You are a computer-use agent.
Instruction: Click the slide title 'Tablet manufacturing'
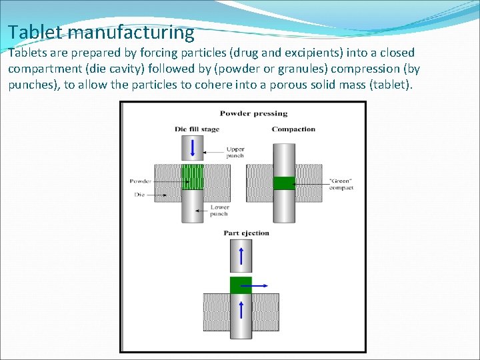tap(101, 32)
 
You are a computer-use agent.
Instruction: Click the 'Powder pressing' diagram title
tap(253, 113)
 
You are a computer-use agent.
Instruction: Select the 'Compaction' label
tap(293, 129)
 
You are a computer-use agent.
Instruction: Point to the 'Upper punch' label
tap(235, 153)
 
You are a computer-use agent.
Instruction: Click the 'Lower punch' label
tap(219, 211)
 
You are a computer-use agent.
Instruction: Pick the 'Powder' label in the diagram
tap(140, 181)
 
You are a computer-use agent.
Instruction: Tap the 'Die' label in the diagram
tap(139, 195)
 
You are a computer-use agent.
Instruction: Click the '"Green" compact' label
tap(341, 185)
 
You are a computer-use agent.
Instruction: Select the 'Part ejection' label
tap(247, 233)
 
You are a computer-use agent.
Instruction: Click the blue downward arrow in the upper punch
tap(193, 147)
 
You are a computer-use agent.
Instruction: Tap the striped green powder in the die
tap(193, 177)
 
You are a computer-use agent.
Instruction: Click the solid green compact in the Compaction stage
tap(283, 183)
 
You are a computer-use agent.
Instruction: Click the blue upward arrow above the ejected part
tap(241, 254)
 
